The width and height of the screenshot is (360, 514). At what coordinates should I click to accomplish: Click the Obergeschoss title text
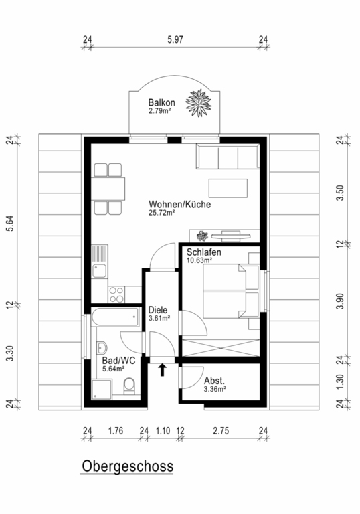point(127,466)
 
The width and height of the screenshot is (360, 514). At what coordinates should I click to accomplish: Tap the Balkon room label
point(161,102)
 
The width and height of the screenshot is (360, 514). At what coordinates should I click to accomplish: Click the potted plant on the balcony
point(199,103)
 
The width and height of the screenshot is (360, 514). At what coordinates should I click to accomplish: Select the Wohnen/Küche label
point(180,204)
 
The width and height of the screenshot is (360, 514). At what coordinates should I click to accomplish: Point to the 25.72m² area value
point(161,212)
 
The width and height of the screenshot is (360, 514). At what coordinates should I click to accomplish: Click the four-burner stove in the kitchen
point(116,294)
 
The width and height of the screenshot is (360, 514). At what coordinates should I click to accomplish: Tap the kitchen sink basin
point(99,271)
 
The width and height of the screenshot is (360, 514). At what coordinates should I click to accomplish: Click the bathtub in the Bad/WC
point(115,317)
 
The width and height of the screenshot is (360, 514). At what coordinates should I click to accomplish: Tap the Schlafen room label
point(204,252)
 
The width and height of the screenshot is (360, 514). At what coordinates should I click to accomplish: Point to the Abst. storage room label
point(214,381)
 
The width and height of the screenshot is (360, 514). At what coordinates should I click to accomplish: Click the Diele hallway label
point(158,310)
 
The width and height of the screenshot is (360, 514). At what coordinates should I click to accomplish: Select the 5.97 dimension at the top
point(175,39)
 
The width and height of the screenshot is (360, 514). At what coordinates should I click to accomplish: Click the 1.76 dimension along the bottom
point(116,431)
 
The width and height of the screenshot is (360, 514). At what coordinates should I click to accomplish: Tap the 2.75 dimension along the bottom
point(221,431)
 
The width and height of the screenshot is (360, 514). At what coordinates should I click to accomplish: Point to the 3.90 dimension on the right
point(341,301)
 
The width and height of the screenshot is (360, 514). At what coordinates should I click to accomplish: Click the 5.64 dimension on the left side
point(10,224)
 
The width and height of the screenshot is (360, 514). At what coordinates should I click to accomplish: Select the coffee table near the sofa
point(228,188)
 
